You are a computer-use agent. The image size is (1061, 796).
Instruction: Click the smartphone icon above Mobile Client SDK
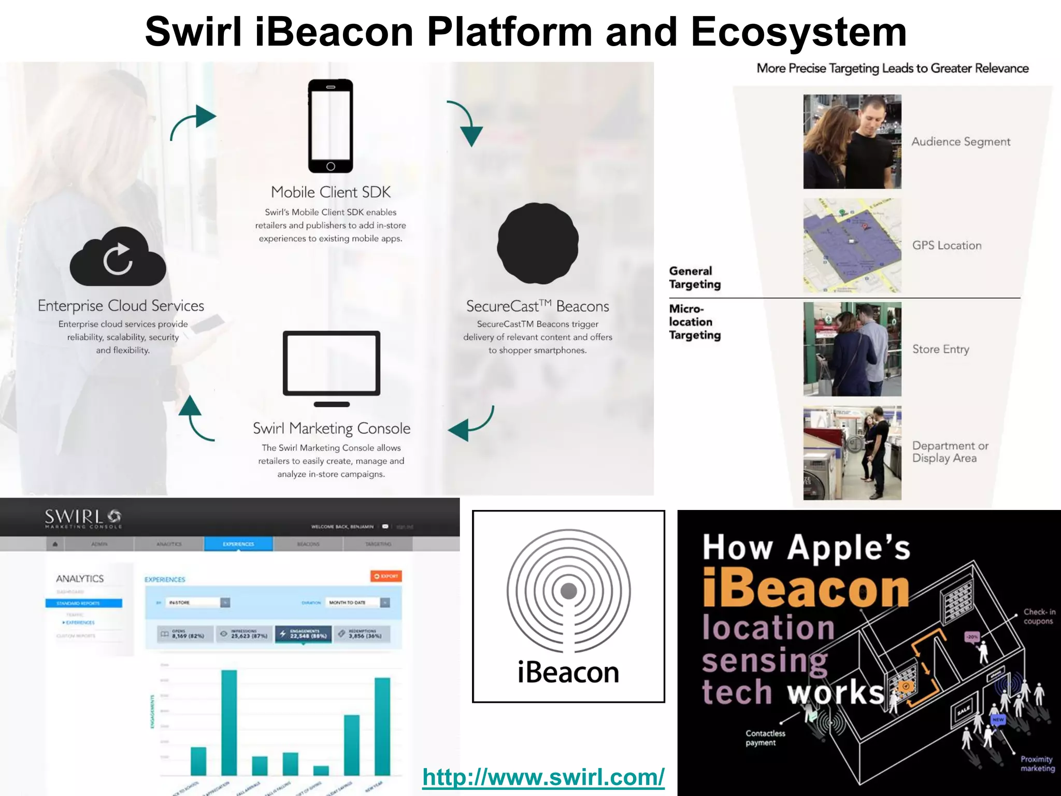[331, 126]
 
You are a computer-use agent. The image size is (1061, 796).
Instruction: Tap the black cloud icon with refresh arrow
[118, 258]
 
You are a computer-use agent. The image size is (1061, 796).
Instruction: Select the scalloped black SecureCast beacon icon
[537, 244]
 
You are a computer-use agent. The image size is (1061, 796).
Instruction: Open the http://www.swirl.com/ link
[543, 777]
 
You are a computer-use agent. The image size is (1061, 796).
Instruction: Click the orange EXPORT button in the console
[386, 576]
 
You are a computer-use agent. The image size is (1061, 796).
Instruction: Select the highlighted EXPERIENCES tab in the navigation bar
[238, 544]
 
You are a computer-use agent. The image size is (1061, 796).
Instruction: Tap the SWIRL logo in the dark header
[83, 518]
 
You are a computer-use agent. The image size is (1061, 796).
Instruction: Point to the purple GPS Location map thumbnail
[852, 245]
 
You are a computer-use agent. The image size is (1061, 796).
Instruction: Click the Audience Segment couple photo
[852, 141]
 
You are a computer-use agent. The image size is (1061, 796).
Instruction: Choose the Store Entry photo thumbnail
[852, 349]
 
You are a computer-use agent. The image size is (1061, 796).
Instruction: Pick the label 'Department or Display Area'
[950, 452]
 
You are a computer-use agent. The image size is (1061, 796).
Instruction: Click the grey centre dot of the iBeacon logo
[568, 591]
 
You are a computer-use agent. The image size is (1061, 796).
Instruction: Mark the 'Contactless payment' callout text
[765, 738]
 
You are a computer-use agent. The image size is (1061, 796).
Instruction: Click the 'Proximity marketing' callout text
[1037, 763]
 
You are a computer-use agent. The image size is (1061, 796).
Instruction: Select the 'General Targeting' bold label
[694, 278]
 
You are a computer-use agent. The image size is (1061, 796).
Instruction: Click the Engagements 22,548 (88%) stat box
[303, 634]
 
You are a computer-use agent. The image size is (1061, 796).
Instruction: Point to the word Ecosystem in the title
[798, 32]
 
